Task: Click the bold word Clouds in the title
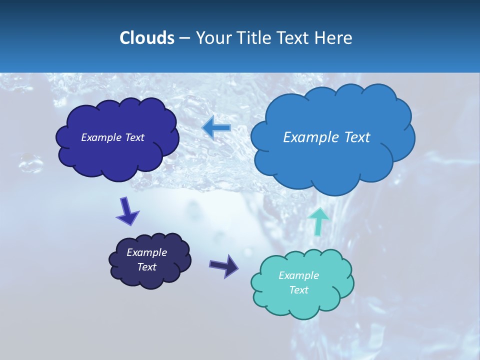[146, 38]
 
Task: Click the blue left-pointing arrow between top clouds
[216, 128]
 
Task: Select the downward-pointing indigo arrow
[127, 211]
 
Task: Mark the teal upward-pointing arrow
[318, 220]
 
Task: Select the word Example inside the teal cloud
[298, 275]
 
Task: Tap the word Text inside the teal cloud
[298, 290]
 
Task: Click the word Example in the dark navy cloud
[146, 252]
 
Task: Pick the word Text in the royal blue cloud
[133, 137]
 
